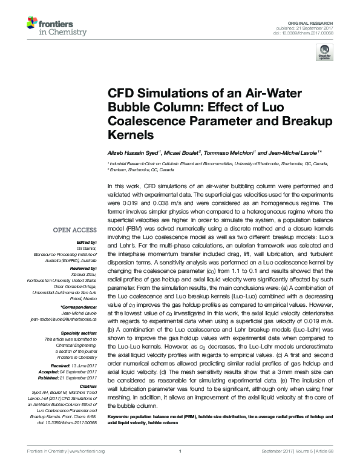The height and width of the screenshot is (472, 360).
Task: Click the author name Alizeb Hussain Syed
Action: [x=131, y=151]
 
